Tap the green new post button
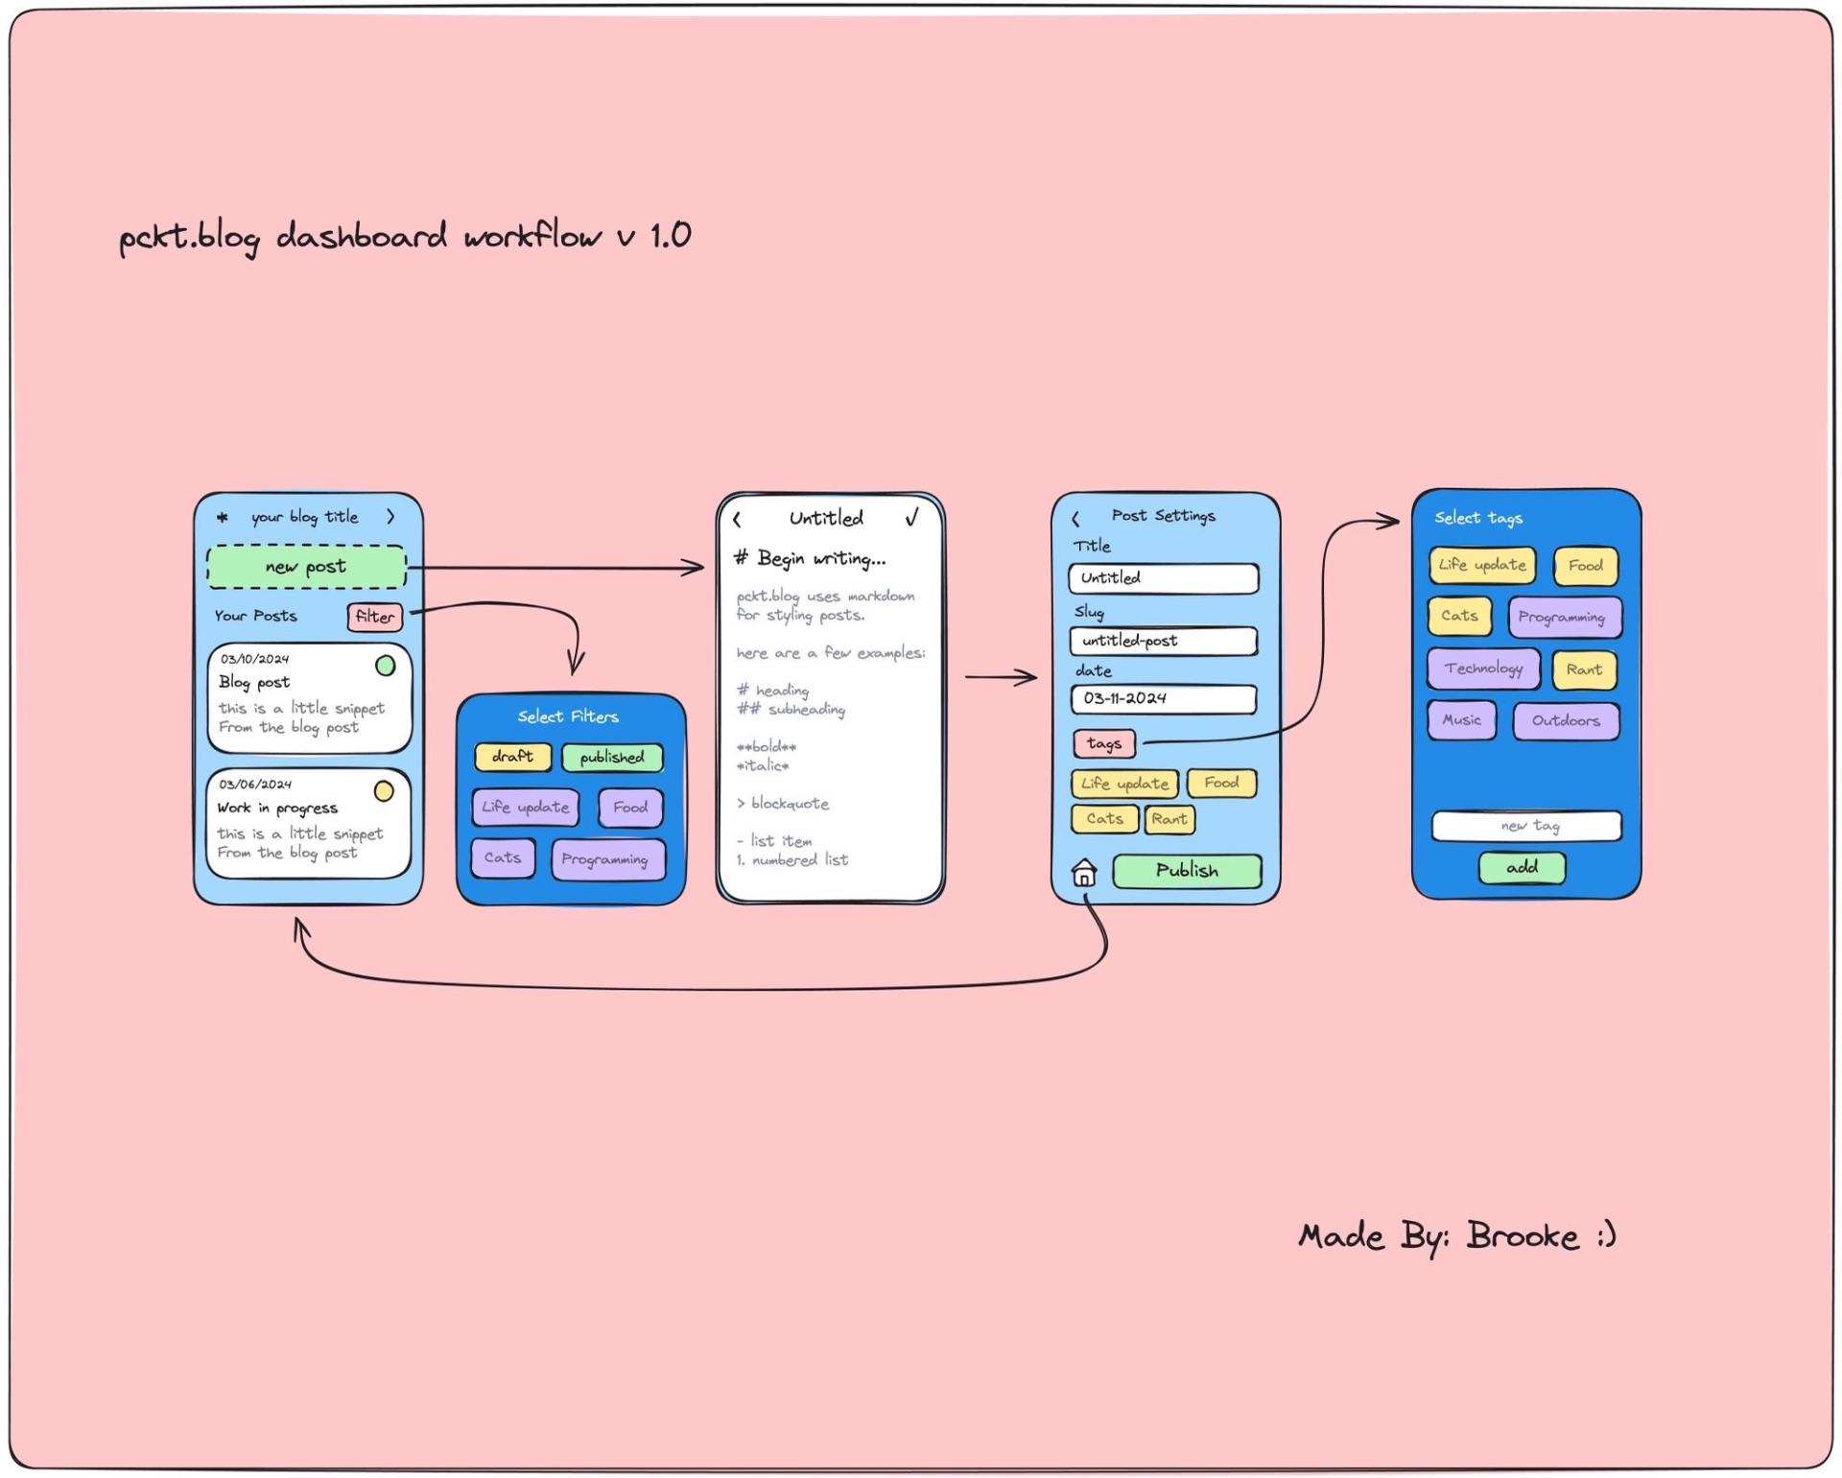[x=306, y=567]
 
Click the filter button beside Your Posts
[x=374, y=617]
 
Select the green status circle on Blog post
[x=385, y=666]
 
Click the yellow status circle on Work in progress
[x=384, y=791]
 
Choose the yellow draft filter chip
[x=512, y=757]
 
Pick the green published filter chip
[x=612, y=758]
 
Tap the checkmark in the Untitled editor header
[x=911, y=518]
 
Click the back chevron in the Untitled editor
[x=737, y=520]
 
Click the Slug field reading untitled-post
[x=1163, y=641]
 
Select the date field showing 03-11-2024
[x=1163, y=699]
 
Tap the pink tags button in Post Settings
[x=1103, y=743]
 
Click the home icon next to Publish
[x=1084, y=873]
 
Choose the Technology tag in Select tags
[x=1483, y=669]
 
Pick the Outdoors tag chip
[x=1566, y=721]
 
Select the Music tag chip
[x=1461, y=720]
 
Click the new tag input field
[x=1526, y=826]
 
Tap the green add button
[x=1522, y=868]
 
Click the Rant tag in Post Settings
[x=1169, y=819]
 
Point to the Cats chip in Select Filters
[x=503, y=858]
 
